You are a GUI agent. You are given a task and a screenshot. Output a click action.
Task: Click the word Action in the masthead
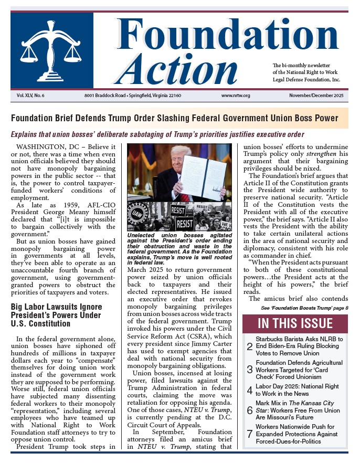coord(182,69)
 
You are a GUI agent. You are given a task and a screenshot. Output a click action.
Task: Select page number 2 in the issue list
coord(249,346)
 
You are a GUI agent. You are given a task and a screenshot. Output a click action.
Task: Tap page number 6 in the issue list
coord(249,409)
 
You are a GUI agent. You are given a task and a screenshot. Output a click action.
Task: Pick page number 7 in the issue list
coord(249,434)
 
